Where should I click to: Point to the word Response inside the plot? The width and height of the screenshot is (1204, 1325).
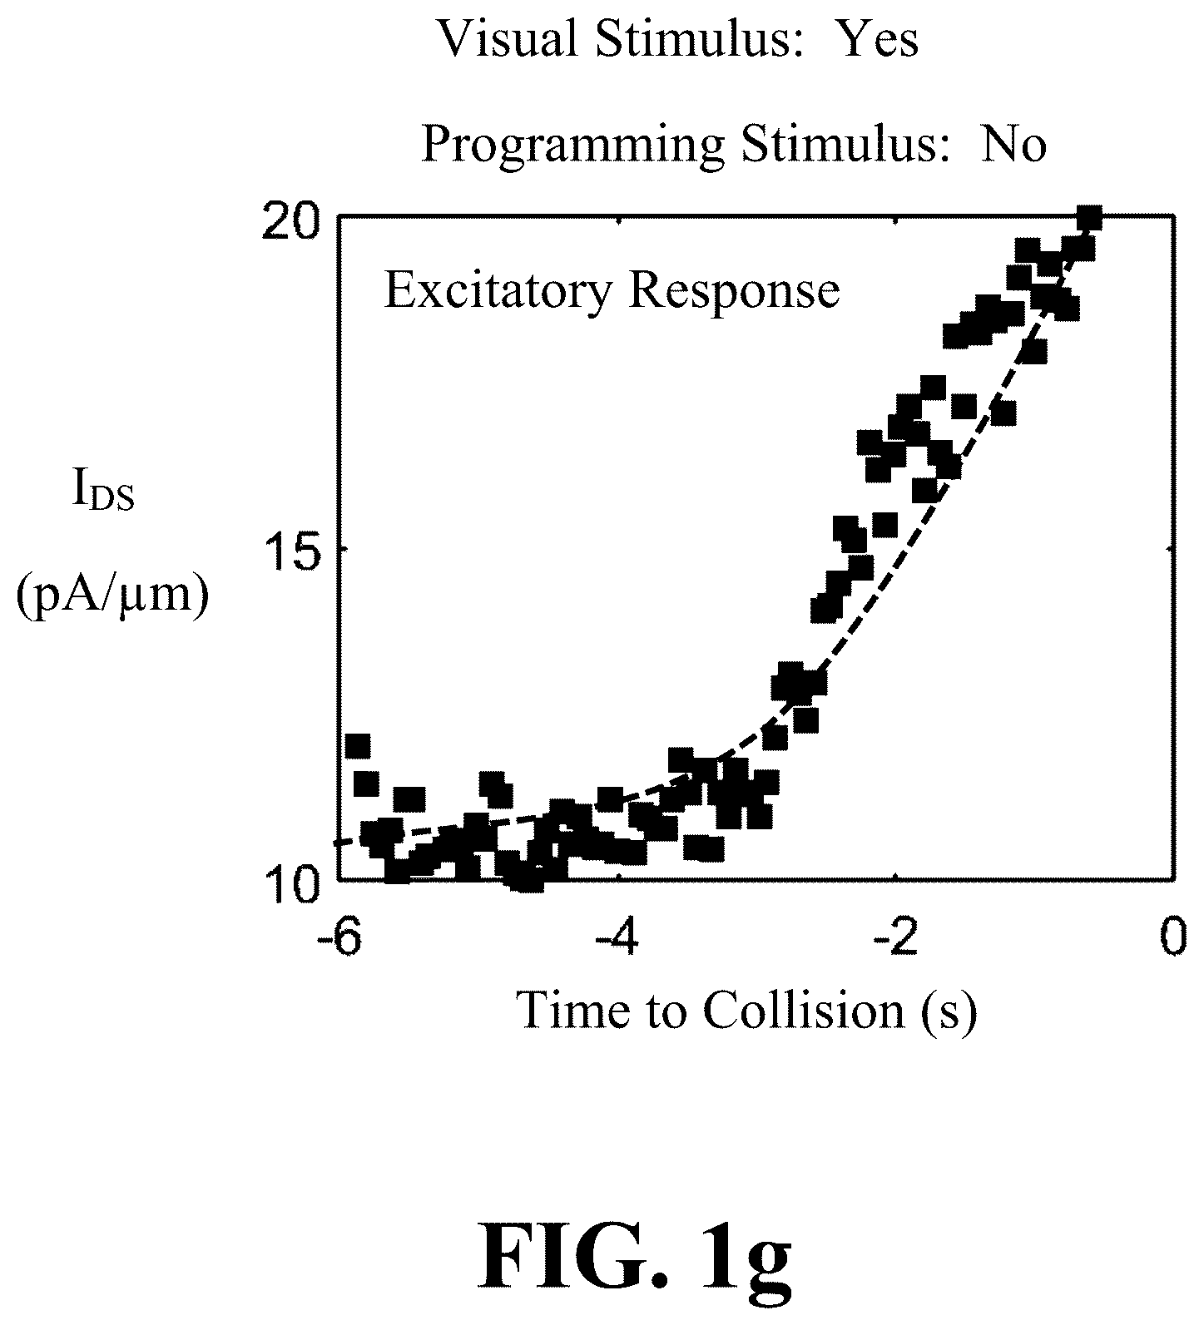734,292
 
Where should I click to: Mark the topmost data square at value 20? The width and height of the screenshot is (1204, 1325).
1089,219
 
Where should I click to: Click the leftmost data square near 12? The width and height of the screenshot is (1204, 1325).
358,746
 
